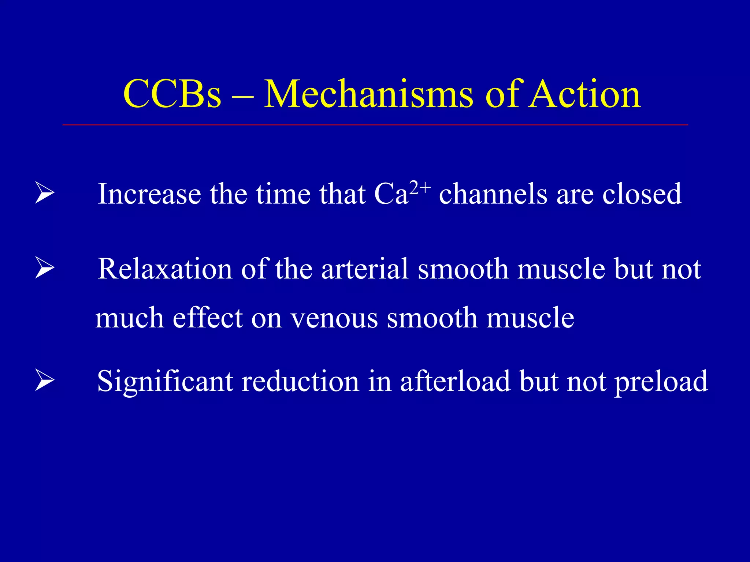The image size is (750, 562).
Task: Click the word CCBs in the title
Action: (x=172, y=94)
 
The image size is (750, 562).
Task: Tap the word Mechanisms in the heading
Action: (x=368, y=94)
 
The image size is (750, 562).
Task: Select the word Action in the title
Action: (x=584, y=94)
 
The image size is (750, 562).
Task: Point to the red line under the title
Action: (x=375, y=125)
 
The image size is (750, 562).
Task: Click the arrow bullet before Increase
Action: (x=45, y=194)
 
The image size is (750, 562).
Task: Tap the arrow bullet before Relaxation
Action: (x=45, y=269)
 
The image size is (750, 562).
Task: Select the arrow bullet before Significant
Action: (x=45, y=381)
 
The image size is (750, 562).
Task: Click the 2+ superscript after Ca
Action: (x=420, y=188)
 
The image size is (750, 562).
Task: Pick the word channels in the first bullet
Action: (x=493, y=194)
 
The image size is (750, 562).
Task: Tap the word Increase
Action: (x=149, y=194)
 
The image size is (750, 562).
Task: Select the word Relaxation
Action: (x=165, y=269)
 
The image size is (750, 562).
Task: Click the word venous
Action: (x=334, y=318)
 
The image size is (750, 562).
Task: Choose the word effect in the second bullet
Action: (x=207, y=318)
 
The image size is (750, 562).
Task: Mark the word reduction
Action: (x=301, y=382)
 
